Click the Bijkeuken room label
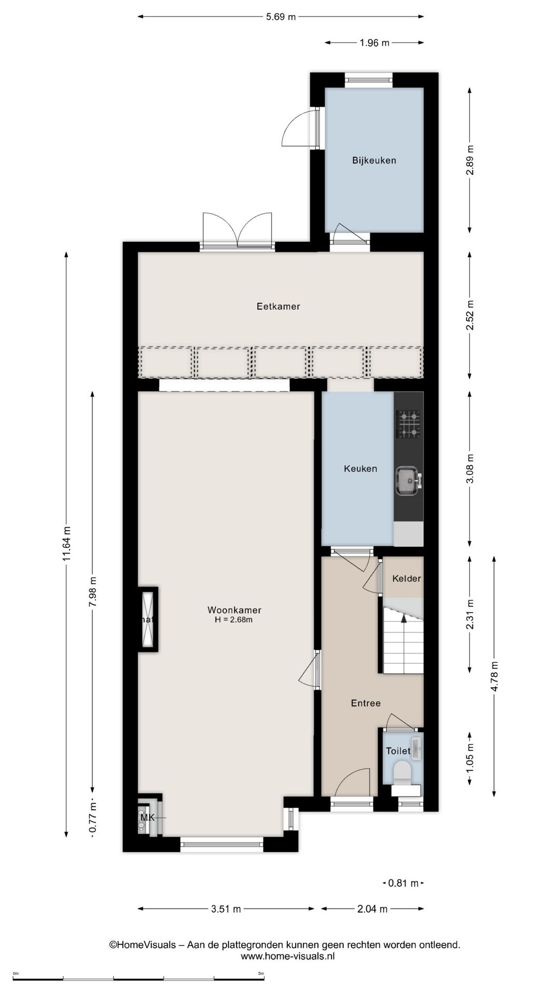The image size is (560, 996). pyautogui.click(x=374, y=160)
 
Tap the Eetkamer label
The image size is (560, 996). pyautogui.click(x=278, y=307)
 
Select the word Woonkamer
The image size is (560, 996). pyautogui.click(x=234, y=610)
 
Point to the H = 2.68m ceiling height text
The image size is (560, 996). pyautogui.click(x=233, y=620)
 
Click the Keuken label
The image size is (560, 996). pyautogui.click(x=360, y=469)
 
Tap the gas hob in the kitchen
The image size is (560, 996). pyautogui.click(x=409, y=424)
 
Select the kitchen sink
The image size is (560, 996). pyautogui.click(x=408, y=480)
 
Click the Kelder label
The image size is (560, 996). pyautogui.click(x=407, y=578)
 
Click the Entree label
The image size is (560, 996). pyautogui.click(x=366, y=703)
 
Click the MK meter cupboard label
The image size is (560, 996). pyautogui.click(x=148, y=818)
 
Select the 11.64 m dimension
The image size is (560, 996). pyautogui.click(x=66, y=544)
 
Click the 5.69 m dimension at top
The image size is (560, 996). pyautogui.click(x=281, y=17)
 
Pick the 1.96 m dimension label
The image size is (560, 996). pyautogui.click(x=374, y=43)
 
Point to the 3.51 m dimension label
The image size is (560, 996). pyautogui.click(x=226, y=909)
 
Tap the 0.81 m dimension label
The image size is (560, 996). pyautogui.click(x=403, y=883)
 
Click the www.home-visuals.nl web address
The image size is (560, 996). pyautogui.click(x=288, y=956)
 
